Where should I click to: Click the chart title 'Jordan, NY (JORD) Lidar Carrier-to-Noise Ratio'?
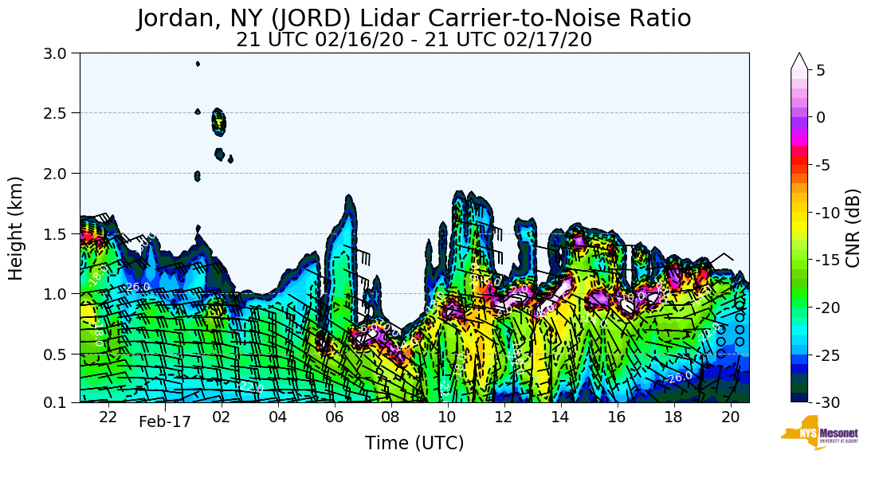point(414,18)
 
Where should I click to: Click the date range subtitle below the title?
point(414,40)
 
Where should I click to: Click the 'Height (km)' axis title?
point(16,228)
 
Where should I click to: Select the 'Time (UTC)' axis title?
point(414,444)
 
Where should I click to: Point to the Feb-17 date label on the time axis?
point(165,421)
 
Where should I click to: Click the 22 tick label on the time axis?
point(108,417)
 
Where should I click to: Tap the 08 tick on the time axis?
point(390,417)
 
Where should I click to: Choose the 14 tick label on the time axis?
point(560,417)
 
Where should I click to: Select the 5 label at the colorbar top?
point(821,70)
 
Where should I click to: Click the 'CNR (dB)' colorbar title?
point(853,229)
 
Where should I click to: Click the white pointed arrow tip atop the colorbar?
point(800,60)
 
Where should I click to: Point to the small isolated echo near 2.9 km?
point(198,64)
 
